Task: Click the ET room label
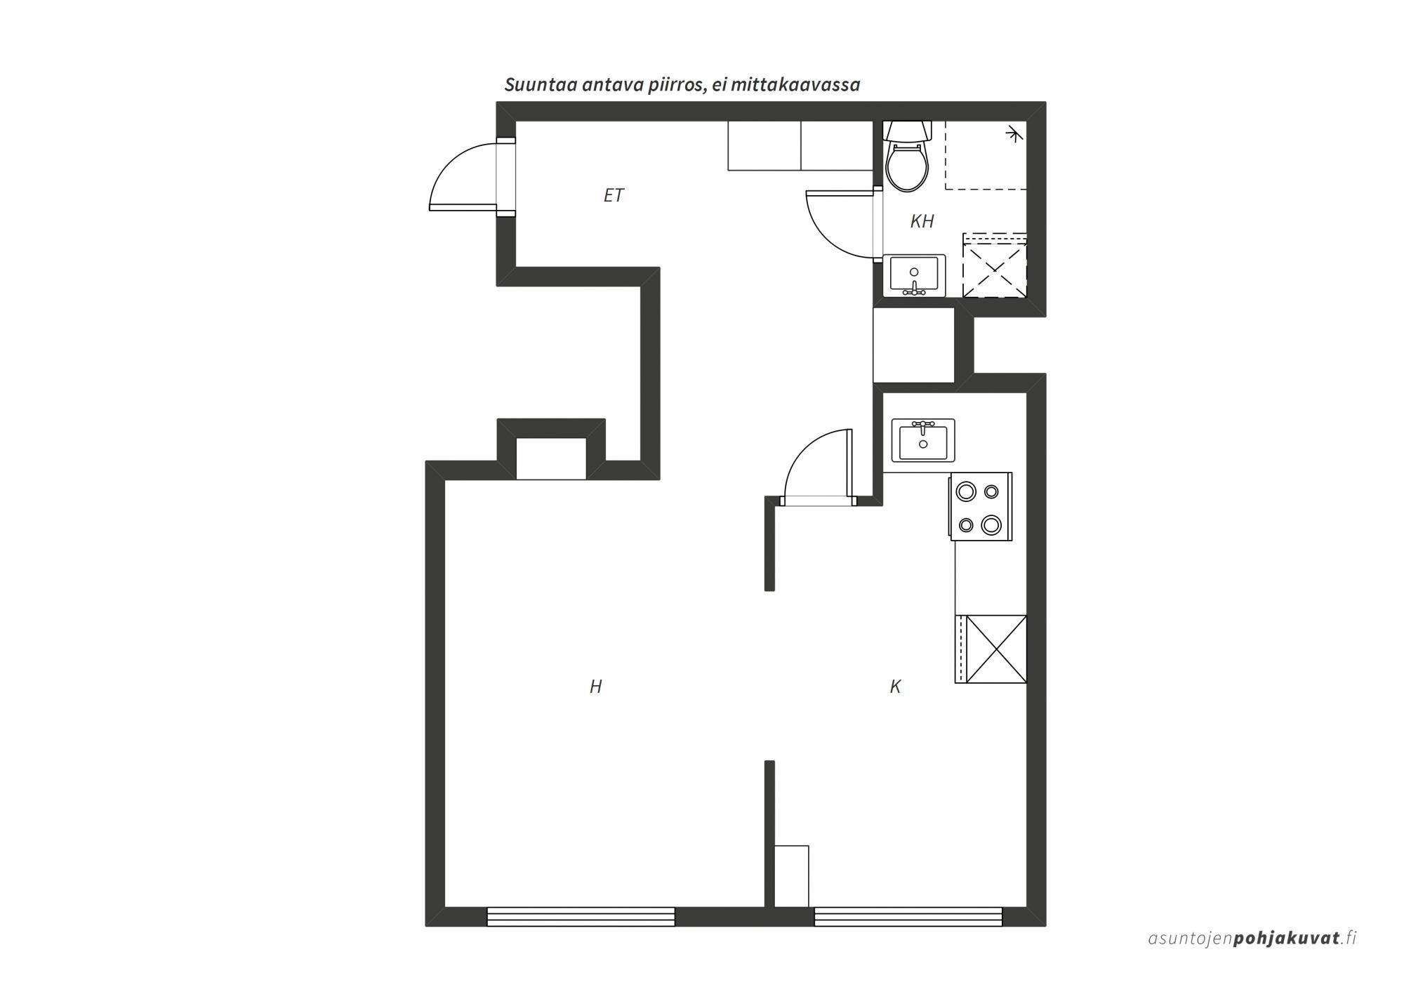click(x=614, y=195)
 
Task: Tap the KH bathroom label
click(x=922, y=221)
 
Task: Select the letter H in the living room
click(x=595, y=687)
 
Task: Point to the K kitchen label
click(x=895, y=687)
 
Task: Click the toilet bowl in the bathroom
click(x=907, y=167)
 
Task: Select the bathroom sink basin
click(x=914, y=275)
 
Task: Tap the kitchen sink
click(x=923, y=440)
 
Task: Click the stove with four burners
click(x=981, y=507)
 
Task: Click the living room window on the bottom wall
click(x=581, y=917)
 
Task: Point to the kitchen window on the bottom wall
click(x=908, y=917)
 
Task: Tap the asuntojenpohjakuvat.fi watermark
click(x=1252, y=938)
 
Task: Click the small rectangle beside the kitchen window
click(x=791, y=876)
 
